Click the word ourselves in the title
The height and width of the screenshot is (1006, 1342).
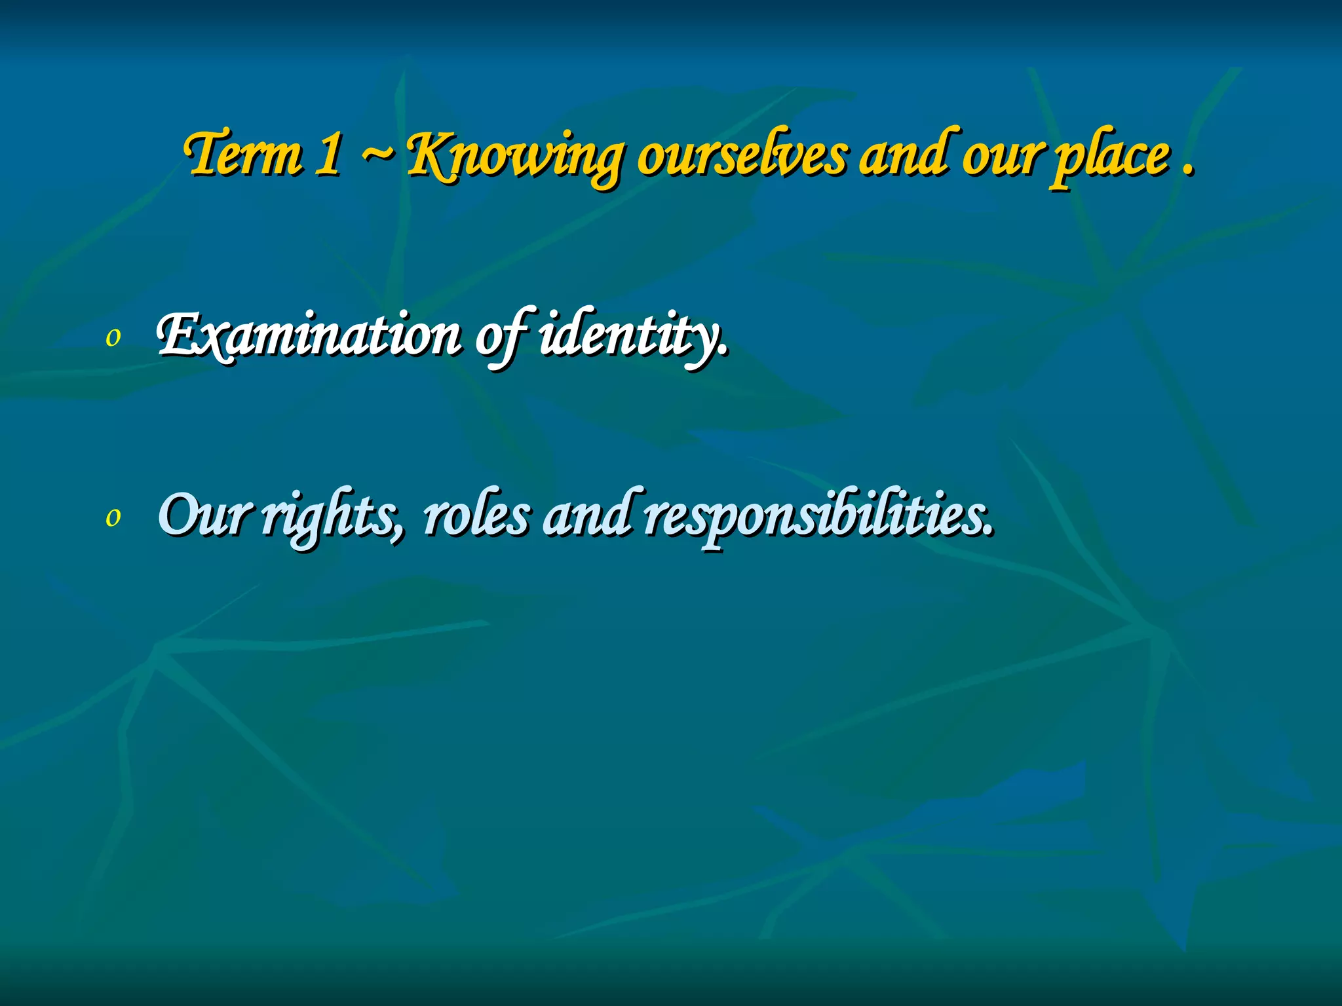click(x=742, y=156)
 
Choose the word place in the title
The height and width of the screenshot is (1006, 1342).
click(x=1110, y=156)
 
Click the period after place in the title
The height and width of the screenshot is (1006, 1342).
click(x=1187, y=172)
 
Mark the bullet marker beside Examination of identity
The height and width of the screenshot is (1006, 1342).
click(x=113, y=338)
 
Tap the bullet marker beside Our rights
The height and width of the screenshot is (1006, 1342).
click(x=113, y=517)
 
